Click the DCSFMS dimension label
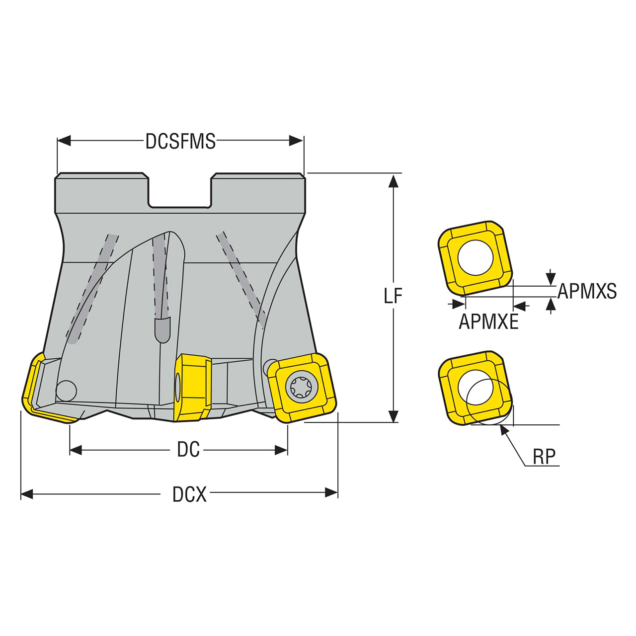point(180,141)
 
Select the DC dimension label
point(188,449)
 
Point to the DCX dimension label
point(189,494)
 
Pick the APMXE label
point(489,322)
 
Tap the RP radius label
point(544,457)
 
